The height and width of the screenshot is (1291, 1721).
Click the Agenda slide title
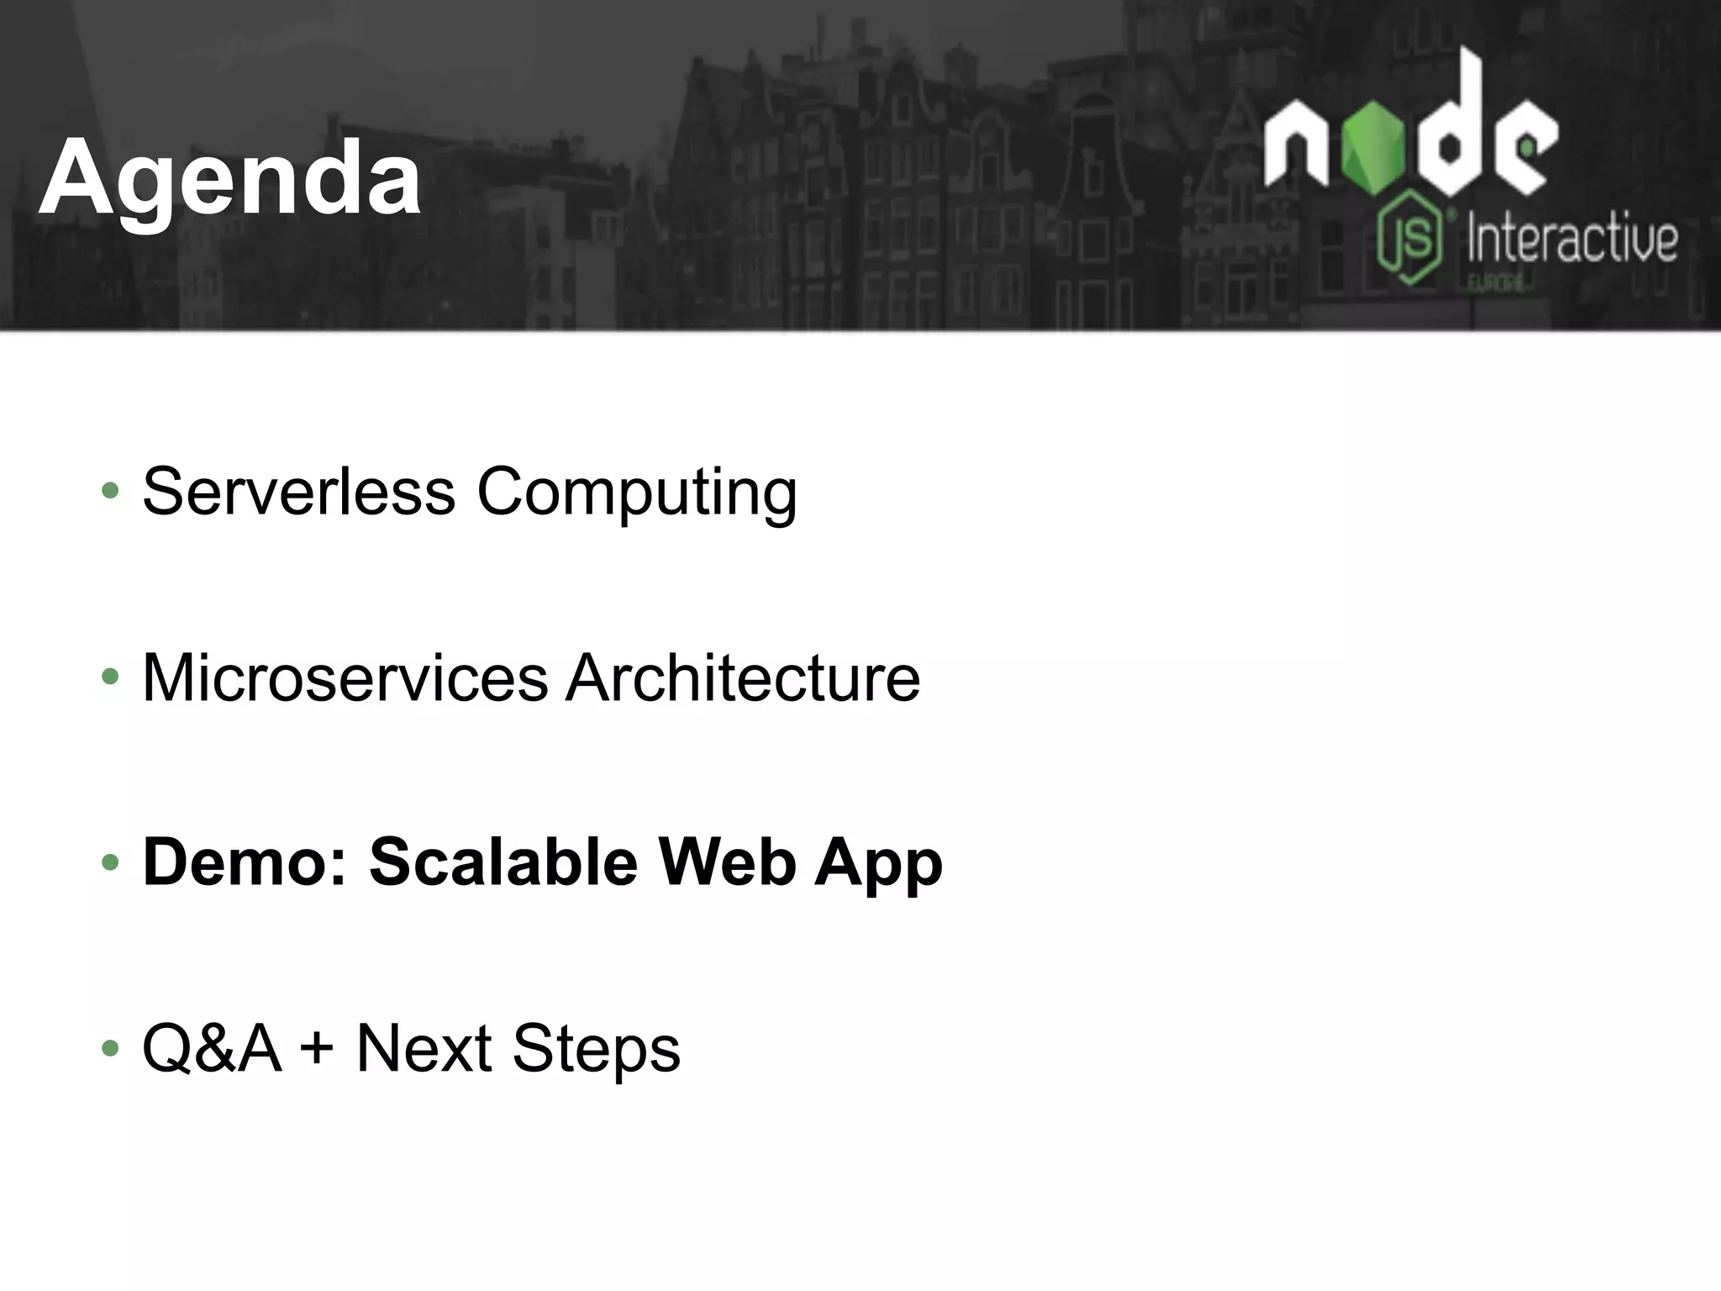[x=229, y=178]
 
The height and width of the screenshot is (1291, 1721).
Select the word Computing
[x=636, y=493]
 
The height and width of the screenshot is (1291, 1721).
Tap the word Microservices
[x=345, y=677]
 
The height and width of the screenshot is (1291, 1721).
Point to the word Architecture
[x=742, y=677]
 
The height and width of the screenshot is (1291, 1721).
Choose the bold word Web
[x=727, y=862]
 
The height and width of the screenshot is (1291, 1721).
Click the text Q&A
[x=211, y=1048]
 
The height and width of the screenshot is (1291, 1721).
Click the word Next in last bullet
[x=424, y=1048]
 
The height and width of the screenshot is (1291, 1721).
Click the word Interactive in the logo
[x=1571, y=239]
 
